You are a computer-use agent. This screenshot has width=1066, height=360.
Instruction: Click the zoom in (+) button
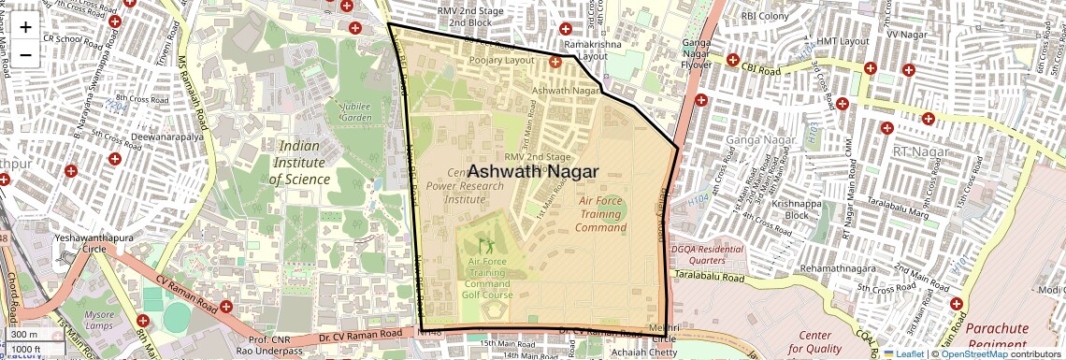(x=25, y=27)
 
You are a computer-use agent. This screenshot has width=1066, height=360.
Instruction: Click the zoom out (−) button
(x=25, y=54)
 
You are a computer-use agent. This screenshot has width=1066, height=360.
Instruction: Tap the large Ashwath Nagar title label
(x=532, y=171)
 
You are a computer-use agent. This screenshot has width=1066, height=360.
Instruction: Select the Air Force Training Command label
(x=600, y=214)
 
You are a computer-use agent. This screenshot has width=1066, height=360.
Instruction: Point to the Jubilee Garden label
(x=355, y=111)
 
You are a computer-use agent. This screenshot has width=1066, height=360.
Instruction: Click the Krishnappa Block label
(x=784, y=209)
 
